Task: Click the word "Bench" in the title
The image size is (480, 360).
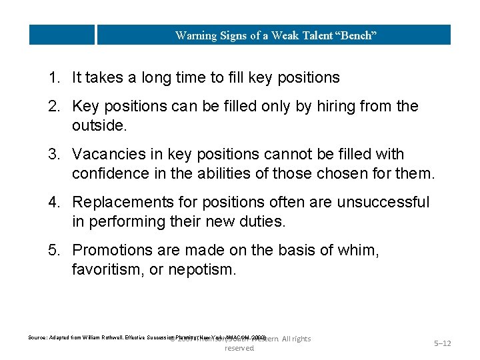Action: click(357, 35)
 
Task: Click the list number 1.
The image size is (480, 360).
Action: click(53, 78)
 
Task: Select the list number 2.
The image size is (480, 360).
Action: click(53, 107)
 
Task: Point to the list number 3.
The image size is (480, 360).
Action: click(53, 155)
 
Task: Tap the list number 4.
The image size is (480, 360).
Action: click(53, 202)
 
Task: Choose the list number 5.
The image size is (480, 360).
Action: click(53, 250)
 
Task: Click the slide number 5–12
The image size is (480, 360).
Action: click(443, 343)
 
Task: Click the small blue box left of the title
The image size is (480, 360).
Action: click(62, 35)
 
